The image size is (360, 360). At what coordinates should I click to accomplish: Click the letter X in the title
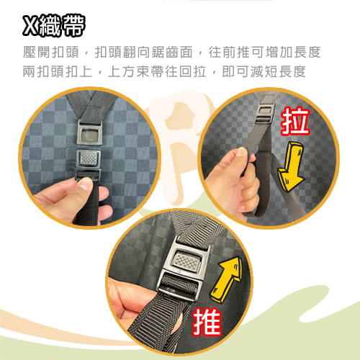click(31, 27)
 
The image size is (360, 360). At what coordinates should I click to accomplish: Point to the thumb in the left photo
click(79, 189)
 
